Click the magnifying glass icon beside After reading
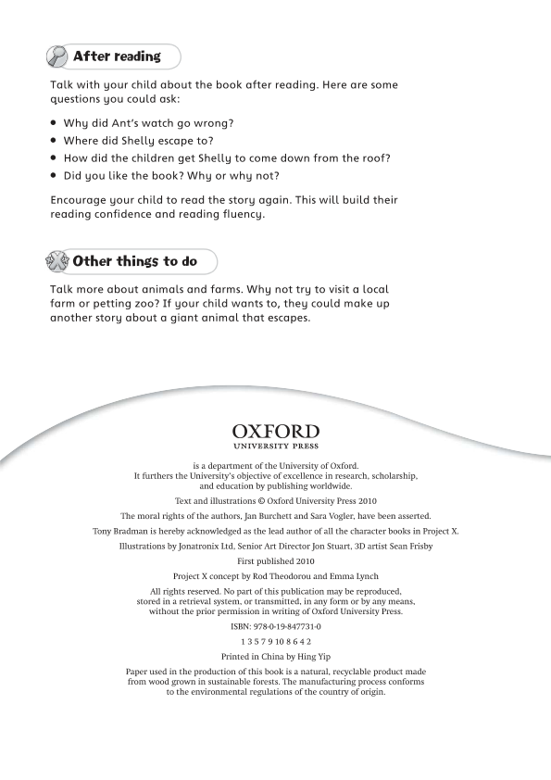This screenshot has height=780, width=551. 57,57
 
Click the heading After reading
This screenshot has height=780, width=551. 117,57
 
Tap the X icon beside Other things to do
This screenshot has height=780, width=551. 57,261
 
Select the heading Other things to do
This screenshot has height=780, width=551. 134,261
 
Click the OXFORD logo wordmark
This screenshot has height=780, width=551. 276,432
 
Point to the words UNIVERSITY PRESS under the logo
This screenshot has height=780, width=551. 276,447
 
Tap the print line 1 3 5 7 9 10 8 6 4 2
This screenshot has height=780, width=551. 276,641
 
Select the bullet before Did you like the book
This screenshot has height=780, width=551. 55,175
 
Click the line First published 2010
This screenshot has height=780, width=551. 276,561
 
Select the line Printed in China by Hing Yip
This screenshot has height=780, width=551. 276,656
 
